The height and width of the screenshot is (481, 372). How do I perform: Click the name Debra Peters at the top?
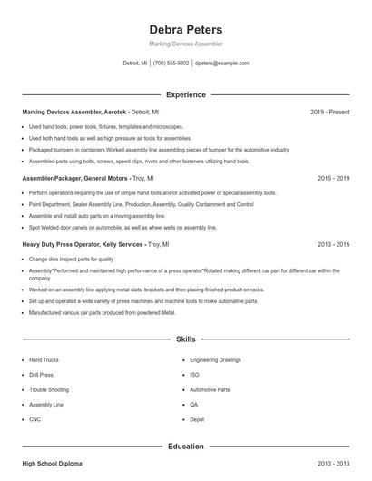[x=185, y=29]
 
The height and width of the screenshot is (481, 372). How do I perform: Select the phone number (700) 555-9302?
[x=171, y=64]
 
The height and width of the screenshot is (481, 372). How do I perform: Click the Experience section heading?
[x=185, y=94]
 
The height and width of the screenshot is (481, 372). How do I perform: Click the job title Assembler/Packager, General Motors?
[x=75, y=179]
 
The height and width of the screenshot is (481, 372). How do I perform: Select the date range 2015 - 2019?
[x=333, y=179]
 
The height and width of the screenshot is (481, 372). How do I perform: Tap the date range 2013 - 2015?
[x=333, y=244]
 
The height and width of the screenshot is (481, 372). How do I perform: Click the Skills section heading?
[x=185, y=339]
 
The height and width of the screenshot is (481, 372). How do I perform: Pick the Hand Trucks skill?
[x=44, y=360]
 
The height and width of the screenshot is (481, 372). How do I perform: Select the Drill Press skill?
[x=41, y=375]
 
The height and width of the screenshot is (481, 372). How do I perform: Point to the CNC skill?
[x=34, y=419]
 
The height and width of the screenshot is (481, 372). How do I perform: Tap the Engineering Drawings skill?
[x=215, y=360]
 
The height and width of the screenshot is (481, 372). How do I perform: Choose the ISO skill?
[x=194, y=375]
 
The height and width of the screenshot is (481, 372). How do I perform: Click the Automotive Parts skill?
[x=210, y=389]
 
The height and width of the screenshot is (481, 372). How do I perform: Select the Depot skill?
[x=197, y=419]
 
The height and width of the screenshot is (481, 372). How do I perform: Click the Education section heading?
[x=185, y=447]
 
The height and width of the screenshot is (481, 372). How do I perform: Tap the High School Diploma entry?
[x=52, y=464]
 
